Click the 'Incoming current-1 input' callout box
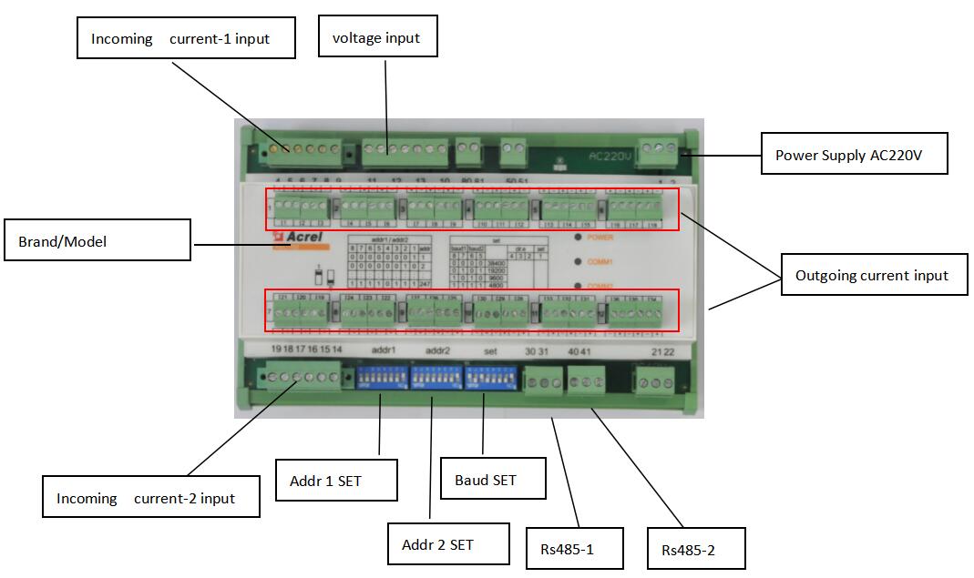186,38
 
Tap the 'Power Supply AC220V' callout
854,155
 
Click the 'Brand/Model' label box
97,241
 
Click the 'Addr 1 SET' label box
336,480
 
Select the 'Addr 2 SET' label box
438,544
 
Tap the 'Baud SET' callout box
492,479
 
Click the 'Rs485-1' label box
574,549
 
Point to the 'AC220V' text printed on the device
610,156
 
